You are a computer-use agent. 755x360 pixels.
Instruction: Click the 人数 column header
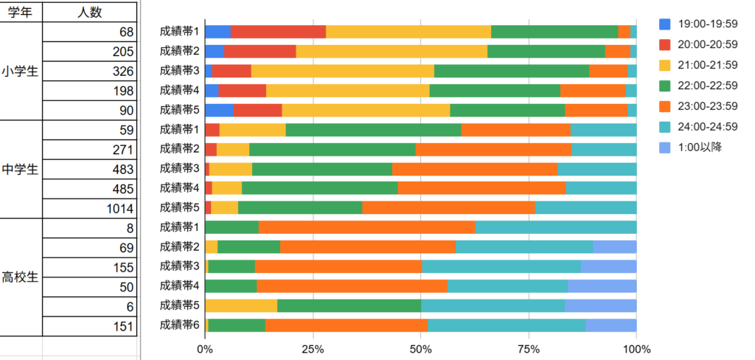point(89,12)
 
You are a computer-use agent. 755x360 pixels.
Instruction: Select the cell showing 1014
point(89,208)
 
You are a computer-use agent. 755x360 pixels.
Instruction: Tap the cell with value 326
point(89,72)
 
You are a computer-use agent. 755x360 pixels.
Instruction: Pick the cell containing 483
point(89,169)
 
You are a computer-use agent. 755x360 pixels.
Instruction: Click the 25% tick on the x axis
point(313,348)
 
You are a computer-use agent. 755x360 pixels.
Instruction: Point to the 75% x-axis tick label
point(529,348)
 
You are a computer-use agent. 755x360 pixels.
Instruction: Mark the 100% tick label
point(636,348)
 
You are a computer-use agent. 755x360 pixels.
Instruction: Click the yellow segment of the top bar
point(408,32)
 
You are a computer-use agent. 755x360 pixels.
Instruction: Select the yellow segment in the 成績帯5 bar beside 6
point(240,305)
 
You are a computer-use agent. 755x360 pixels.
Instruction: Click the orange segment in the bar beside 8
point(366,227)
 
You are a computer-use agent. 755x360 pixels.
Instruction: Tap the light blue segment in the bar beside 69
point(614,246)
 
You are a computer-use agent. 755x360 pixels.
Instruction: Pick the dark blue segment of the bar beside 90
point(219,110)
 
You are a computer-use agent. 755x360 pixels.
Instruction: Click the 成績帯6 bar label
point(180,325)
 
